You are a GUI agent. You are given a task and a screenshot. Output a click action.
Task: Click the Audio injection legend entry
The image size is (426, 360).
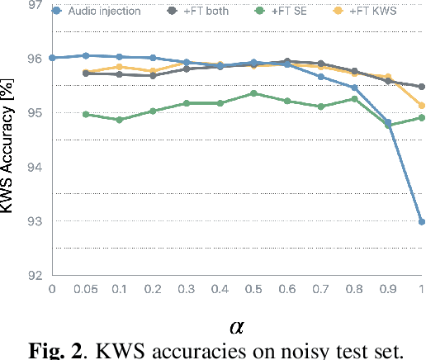point(100,11)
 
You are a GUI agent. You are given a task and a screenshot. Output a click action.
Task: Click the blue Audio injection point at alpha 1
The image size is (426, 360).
point(421,221)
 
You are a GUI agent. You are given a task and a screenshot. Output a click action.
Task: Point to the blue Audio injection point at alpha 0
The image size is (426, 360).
point(52,58)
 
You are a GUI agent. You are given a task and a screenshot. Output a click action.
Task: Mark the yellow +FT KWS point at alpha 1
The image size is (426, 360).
point(421,106)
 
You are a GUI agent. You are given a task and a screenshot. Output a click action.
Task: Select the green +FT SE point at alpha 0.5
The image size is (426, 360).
point(253,93)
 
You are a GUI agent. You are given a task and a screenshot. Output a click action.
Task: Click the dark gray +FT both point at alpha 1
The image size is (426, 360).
point(421,87)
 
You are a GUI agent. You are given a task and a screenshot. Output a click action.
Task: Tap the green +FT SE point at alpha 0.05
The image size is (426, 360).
point(86,114)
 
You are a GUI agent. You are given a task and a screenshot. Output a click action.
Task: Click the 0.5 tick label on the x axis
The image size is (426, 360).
point(253,288)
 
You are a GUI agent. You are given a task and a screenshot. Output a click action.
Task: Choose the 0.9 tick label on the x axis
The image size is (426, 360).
point(388,288)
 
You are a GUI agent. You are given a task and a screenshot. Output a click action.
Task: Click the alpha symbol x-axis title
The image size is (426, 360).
point(238,326)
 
